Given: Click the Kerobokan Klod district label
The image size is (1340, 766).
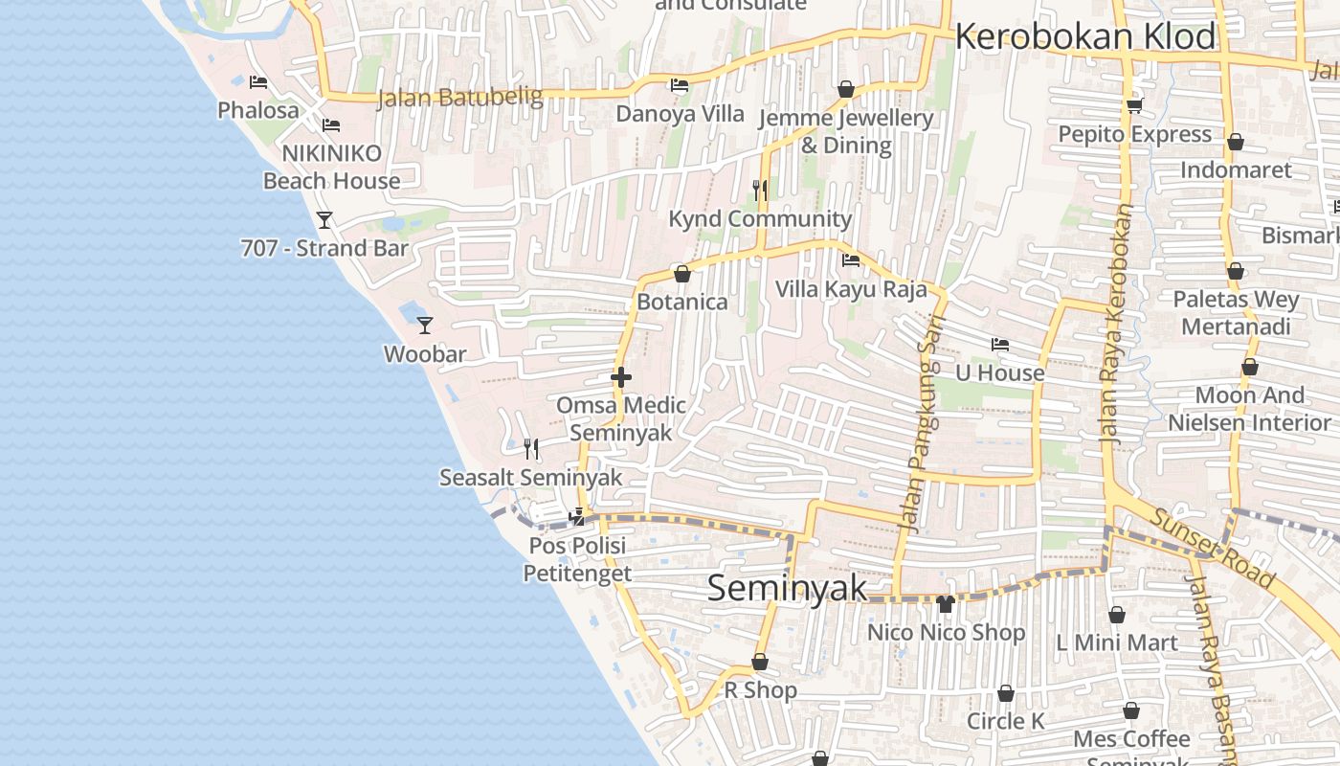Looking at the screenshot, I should pyautogui.click(x=1085, y=37).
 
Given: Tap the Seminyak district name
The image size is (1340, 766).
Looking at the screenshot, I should pyautogui.click(x=787, y=588).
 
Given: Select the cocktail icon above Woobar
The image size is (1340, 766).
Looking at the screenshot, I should pyautogui.click(x=425, y=326).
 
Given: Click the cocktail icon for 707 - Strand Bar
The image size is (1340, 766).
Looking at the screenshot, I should pyautogui.click(x=324, y=220).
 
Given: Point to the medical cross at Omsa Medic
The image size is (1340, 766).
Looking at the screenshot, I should pyautogui.click(x=621, y=377).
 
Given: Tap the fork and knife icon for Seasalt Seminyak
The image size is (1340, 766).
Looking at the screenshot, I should pyautogui.click(x=531, y=448).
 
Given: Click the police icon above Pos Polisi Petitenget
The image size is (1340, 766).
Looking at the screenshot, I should pyautogui.click(x=577, y=517).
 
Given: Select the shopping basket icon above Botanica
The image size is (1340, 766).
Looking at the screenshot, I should pyautogui.click(x=682, y=275).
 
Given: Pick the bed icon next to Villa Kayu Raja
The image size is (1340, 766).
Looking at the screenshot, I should pyautogui.click(x=850, y=260).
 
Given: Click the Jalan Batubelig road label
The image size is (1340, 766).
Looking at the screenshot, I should pyautogui.click(x=459, y=98).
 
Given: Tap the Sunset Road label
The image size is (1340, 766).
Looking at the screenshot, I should pyautogui.click(x=1213, y=548).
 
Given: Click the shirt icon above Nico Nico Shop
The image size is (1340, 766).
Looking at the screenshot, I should pyautogui.click(x=946, y=604).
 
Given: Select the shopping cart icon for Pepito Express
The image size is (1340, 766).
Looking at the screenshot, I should pyautogui.click(x=1134, y=105).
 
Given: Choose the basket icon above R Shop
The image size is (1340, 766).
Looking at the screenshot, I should pyautogui.click(x=760, y=662).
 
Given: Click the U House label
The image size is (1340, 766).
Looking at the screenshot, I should pyautogui.click(x=1000, y=373).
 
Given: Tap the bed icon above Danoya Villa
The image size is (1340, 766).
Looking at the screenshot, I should pyautogui.click(x=680, y=85).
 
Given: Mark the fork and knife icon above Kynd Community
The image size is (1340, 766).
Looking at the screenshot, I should pyautogui.click(x=760, y=190).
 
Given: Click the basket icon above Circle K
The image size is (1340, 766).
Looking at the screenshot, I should pyautogui.click(x=1006, y=693).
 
